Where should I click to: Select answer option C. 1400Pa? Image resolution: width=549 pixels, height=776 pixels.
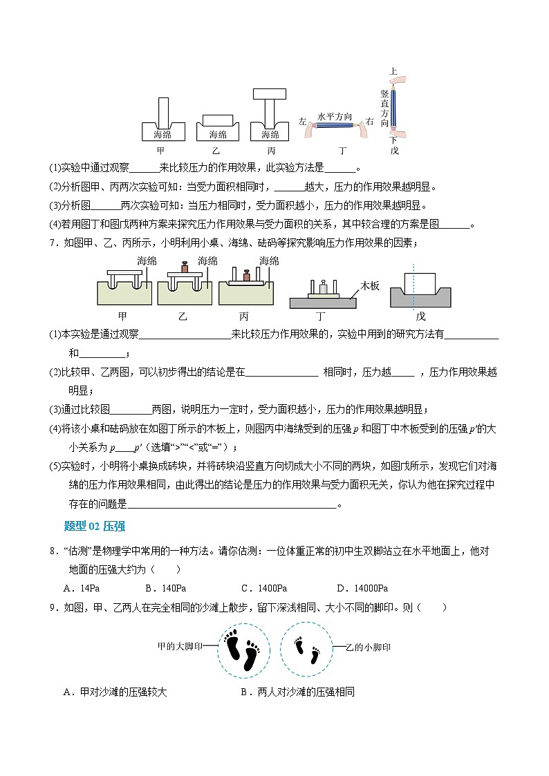[263, 588]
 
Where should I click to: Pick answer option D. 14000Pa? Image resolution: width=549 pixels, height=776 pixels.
[362, 588]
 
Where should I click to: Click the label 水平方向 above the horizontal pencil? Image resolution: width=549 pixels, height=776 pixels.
[335, 117]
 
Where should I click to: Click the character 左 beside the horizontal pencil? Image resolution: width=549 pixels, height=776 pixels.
[302, 122]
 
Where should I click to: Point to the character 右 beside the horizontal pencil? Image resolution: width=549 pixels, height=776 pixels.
[369, 122]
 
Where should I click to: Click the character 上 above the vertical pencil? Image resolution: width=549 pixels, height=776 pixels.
[393, 71]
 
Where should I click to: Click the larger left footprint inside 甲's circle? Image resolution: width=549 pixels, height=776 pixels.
[234, 649]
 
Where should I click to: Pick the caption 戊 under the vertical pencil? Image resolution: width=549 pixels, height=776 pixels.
[394, 150]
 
